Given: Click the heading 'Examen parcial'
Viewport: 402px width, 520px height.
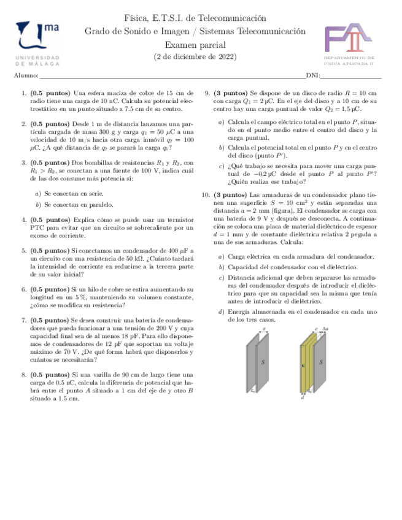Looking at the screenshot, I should coord(195,45).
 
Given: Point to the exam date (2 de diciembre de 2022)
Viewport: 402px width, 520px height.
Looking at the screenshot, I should coord(195,57).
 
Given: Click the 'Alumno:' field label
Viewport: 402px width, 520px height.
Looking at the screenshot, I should coord(25,76).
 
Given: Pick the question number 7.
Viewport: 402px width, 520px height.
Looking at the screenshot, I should coord(23,320).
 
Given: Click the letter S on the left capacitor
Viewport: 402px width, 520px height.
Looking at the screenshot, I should coord(263,362).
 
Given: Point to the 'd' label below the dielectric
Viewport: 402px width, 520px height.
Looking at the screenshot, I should coord(303,397).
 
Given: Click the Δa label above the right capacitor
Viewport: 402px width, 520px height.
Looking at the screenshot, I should coord(325,329).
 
